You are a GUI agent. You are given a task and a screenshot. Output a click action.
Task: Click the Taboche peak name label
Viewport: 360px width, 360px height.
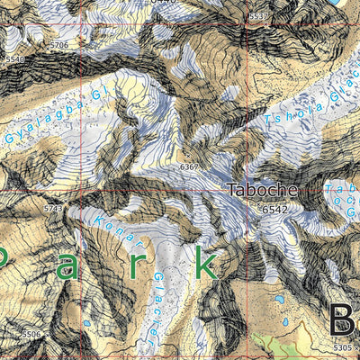tap(259, 190)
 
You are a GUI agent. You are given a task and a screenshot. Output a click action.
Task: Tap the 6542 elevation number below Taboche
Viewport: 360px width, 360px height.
tap(274, 209)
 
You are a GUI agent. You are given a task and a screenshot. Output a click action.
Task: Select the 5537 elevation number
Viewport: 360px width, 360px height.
tap(258, 17)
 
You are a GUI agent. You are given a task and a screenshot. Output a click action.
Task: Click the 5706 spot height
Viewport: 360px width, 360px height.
tap(59, 44)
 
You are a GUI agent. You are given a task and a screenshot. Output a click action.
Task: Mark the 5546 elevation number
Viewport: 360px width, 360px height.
tap(15, 59)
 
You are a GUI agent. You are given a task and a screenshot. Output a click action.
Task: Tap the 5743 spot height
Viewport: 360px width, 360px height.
tap(54, 208)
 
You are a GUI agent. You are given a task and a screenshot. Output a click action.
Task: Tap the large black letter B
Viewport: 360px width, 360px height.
tap(343, 320)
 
